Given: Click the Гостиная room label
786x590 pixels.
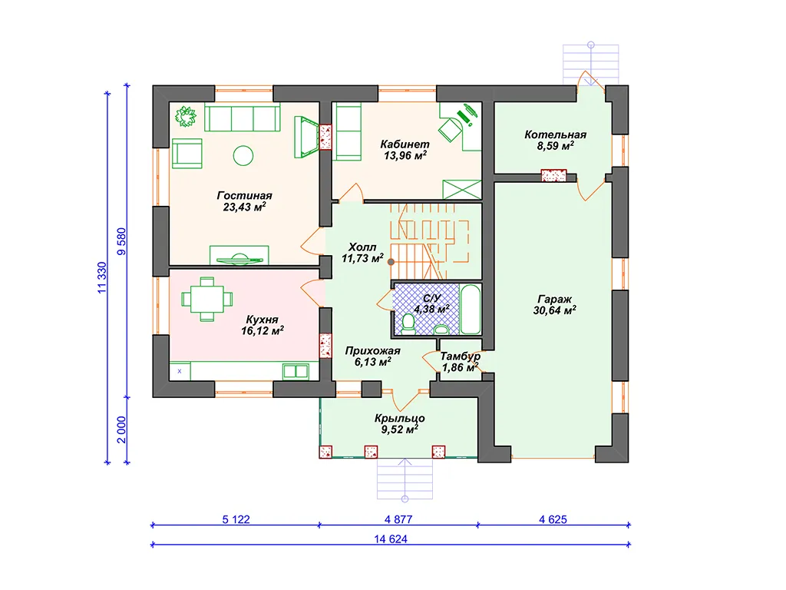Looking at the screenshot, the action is (x=244, y=196).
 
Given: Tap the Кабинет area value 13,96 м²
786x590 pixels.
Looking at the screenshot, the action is (x=405, y=155).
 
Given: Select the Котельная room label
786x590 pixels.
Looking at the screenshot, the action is (x=556, y=134).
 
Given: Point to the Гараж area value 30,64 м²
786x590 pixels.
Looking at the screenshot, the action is (x=554, y=310).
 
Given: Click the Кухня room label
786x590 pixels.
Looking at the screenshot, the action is (x=263, y=320).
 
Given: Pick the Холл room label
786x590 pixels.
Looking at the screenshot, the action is (x=362, y=247).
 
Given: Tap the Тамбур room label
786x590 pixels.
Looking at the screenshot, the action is (x=461, y=356).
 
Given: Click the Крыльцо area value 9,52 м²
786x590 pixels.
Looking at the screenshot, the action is (x=399, y=429).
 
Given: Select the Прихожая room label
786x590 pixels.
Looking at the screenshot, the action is (x=372, y=350).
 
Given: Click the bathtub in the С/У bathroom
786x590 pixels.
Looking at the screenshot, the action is (x=471, y=309).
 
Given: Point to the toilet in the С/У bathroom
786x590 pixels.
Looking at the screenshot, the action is (x=408, y=324).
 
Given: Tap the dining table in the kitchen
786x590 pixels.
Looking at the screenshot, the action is (x=207, y=299).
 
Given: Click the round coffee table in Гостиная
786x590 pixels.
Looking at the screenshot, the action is (x=243, y=155).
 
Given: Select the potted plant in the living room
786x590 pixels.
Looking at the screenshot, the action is (x=186, y=117).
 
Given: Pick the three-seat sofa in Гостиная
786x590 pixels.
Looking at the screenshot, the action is (x=242, y=118).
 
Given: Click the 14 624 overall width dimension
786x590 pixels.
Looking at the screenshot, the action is (x=391, y=539).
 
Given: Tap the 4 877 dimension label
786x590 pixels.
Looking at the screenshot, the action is (x=398, y=520).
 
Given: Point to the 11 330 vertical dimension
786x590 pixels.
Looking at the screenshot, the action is (x=102, y=277).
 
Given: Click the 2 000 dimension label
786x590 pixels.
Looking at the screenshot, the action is (x=122, y=430).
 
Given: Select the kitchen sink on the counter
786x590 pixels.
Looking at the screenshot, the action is (x=296, y=371).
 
